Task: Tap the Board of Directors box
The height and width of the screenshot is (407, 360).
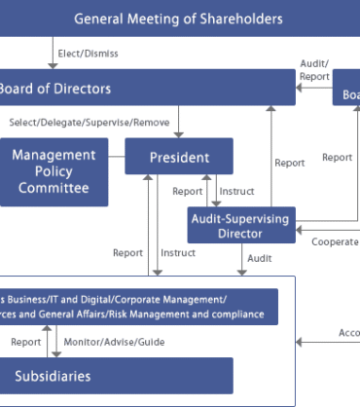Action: [x=146, y=89]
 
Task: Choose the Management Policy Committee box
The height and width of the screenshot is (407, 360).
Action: [x=54, y=170]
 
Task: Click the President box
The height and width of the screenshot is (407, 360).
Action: [x=179, y=156]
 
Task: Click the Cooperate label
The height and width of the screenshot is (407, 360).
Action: [x=335, y=241]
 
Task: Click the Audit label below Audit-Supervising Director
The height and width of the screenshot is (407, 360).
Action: [x=260, y=258]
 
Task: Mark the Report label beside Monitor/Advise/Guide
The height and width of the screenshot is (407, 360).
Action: [x=26, y=342]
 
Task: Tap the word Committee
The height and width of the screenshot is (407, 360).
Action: [x=54, y=188]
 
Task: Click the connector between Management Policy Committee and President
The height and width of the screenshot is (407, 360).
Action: [x=115, y=156]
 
